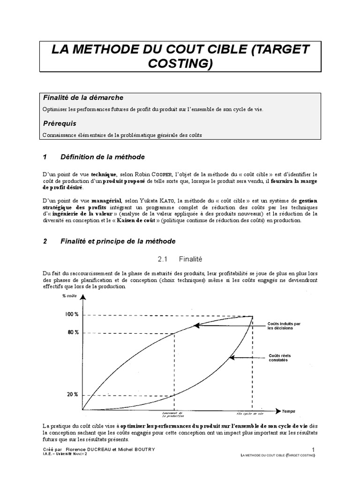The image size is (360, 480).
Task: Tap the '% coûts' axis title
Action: point(69,296)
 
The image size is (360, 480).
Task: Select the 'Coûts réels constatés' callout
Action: point(278,358)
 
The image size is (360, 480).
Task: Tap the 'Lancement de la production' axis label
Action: point(174,415)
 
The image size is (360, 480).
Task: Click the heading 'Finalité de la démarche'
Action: point(82,97)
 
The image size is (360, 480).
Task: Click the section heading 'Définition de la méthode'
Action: point(103,157)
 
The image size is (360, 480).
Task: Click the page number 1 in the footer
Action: point(313,450)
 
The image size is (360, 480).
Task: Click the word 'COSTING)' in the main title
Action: point(180,64)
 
